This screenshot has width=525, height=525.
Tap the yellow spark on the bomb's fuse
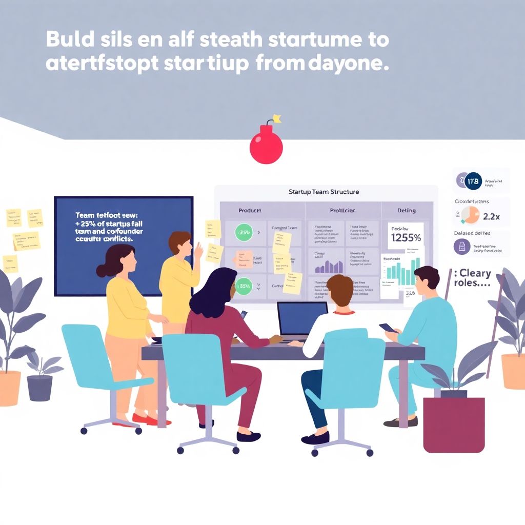click(277, 118)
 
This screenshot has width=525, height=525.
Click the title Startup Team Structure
click(324, 192)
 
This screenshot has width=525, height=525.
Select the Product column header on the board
click(250, 210)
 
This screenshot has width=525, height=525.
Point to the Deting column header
click(407, 210)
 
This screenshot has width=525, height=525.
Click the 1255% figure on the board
click(406, 238)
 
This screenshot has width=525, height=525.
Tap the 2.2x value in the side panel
click(491, 216)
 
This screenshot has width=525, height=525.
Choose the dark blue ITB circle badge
click(474, 181)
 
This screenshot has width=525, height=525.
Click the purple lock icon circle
click(462, 246)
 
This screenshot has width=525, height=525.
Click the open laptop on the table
click(302, 320)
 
